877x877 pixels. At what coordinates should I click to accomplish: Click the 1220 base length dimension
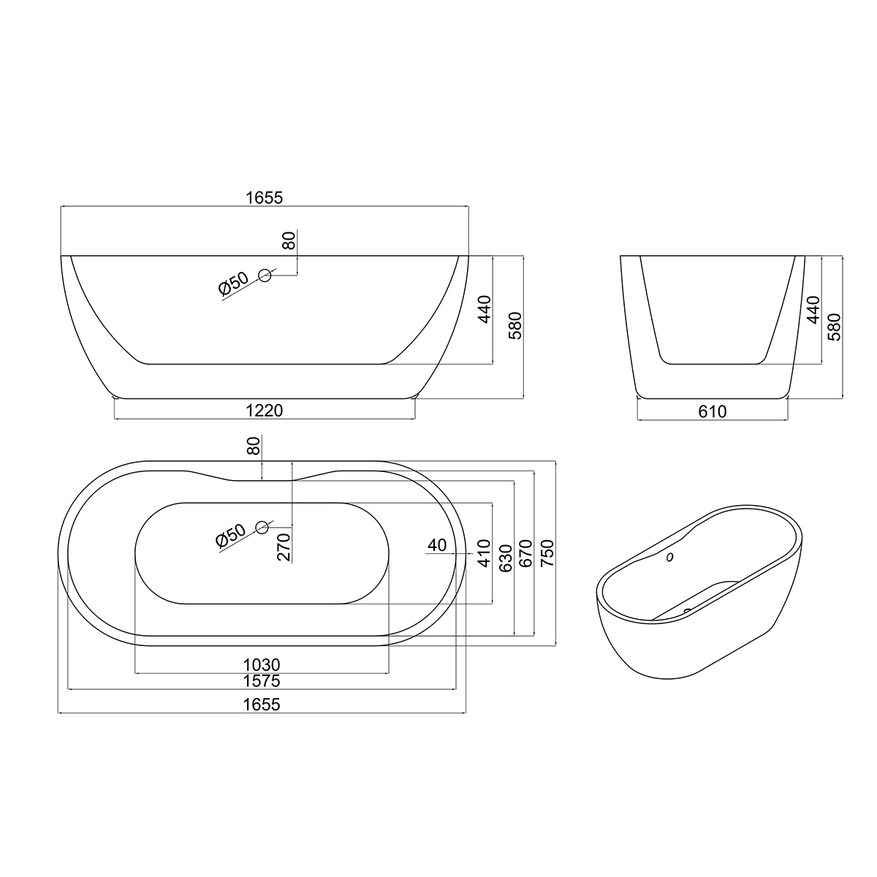[264, 411]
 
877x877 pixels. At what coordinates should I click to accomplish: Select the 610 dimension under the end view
[712, 412]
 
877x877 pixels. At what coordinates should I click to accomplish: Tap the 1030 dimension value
[262, 665]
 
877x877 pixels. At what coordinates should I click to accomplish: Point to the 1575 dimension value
[262, 681]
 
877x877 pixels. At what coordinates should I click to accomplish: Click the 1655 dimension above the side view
[264, 197]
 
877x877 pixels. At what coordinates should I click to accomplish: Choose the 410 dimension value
[483, 553]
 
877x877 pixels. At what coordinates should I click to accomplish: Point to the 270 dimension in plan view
[285, 546]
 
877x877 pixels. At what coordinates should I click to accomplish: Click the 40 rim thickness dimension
[437, 544]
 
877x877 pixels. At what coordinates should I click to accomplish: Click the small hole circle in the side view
[265, 276]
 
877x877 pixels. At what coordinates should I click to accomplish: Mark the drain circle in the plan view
[262, 526]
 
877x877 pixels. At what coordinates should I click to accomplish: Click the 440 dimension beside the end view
[813, 310]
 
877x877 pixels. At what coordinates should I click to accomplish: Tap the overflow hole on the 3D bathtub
[670, 559]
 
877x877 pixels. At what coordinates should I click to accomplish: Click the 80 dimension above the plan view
[254, 446]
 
